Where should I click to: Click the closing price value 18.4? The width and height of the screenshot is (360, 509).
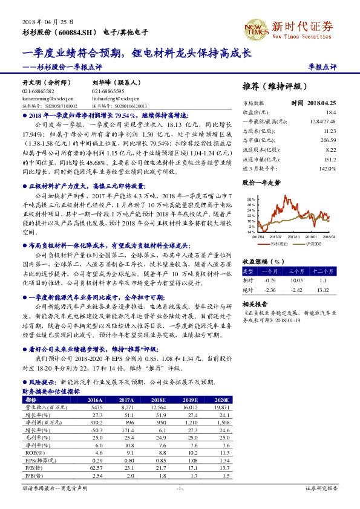[331, 112]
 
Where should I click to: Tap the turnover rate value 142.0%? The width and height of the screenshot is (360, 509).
[327, 167]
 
